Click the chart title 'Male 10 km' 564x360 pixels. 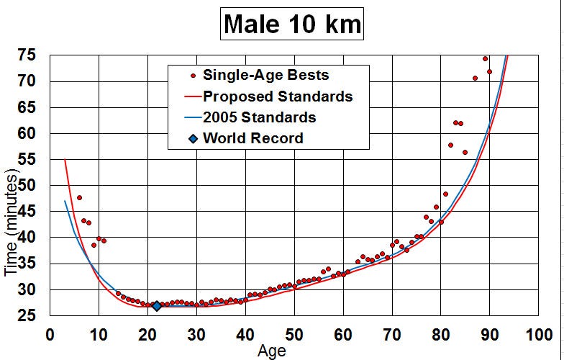pos(292,24)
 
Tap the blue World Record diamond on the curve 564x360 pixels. pos(157,306)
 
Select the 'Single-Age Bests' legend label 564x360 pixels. pos(266,75)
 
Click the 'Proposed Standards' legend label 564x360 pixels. pos(278,96)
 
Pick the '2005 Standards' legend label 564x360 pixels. pos(259,117)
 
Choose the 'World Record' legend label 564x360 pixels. pos(253,138)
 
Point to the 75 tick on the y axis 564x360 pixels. pos(27,55)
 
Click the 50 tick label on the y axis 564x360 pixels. pos(27,186)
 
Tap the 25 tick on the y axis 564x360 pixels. pos(27,315)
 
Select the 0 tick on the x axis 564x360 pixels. pos(50,335)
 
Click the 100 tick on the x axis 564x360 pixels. pos(539,335)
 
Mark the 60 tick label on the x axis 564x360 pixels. pos(343,335)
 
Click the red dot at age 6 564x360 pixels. pos(79,197)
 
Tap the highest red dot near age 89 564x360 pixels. pos(485,59)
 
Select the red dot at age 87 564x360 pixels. pos(475,78)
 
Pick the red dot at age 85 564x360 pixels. pos(465,153)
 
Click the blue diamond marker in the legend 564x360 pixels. pos(193,138)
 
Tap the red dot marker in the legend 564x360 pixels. pos(193,76)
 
